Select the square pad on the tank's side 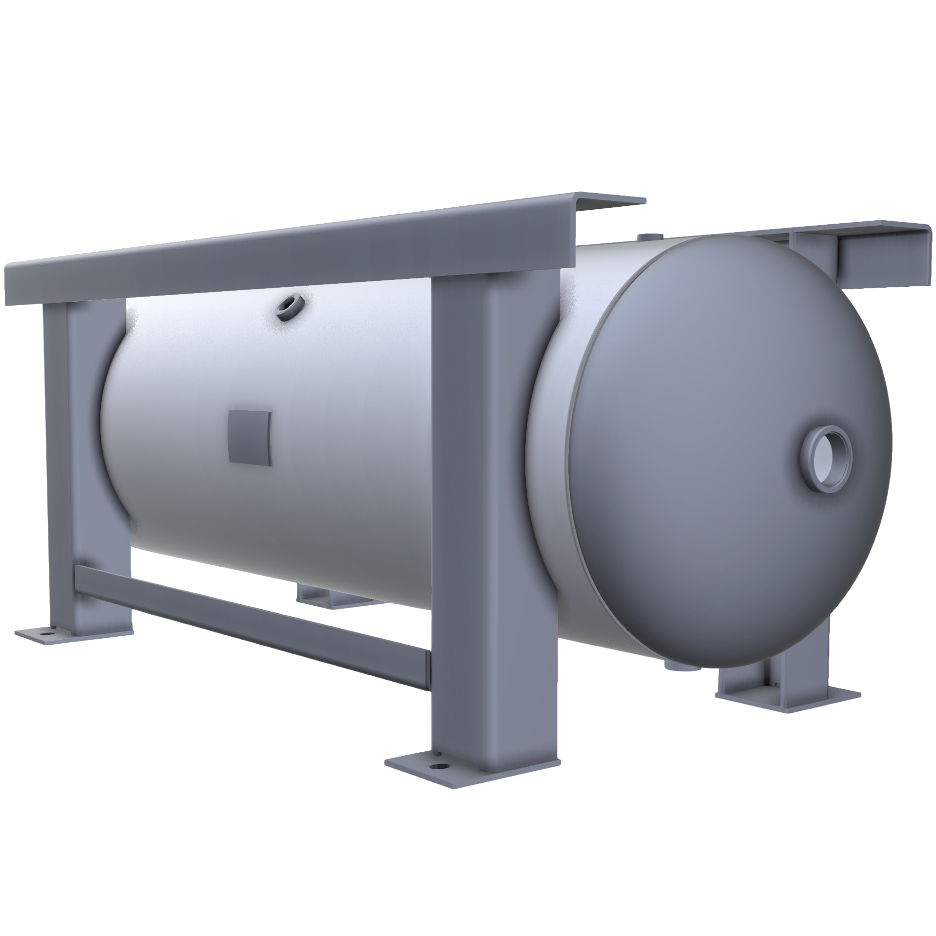pyautogui.click(x=250, y=437)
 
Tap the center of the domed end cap pyautogui.click(x=726, y=454)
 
